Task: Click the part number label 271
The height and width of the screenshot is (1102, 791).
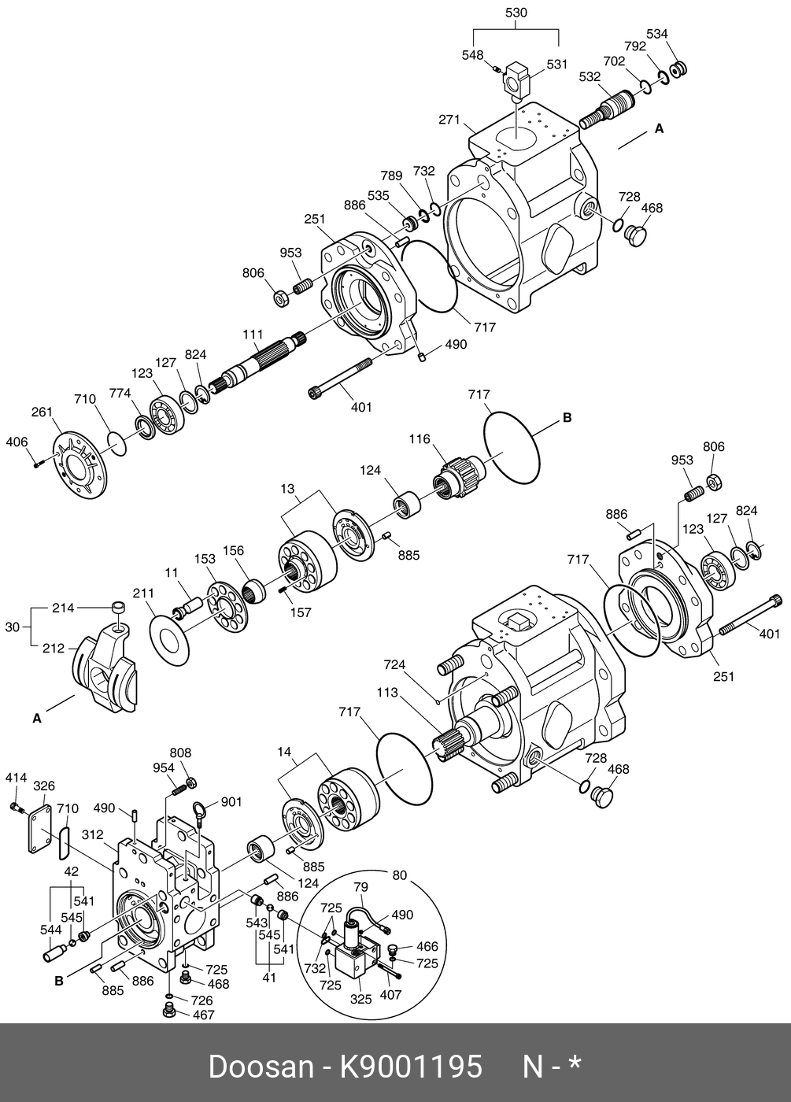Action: [449, 120]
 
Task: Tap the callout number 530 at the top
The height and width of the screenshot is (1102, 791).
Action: [516, 13]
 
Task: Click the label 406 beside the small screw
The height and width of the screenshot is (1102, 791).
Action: [17, 442]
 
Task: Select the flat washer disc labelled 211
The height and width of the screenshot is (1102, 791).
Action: [168, 634]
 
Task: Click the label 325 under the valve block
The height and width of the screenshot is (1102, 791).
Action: [360, 999]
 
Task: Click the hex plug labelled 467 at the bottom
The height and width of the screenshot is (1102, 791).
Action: [168, 1010]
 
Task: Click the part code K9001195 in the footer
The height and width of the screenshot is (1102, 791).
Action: [410, 1067]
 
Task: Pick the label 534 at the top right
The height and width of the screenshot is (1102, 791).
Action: [657, 34]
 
